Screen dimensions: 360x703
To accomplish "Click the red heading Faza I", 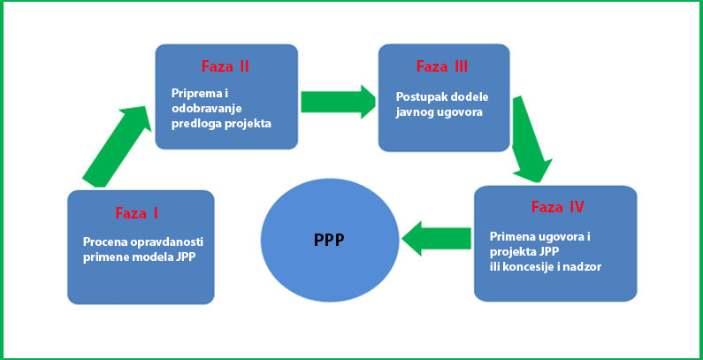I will pyautogui.click(x=136, y=213).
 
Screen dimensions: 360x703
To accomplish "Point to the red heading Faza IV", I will pyautogui.click(x=557, y=208).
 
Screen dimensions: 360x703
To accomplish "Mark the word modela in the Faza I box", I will pyautogui.click(x=150, y=257).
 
